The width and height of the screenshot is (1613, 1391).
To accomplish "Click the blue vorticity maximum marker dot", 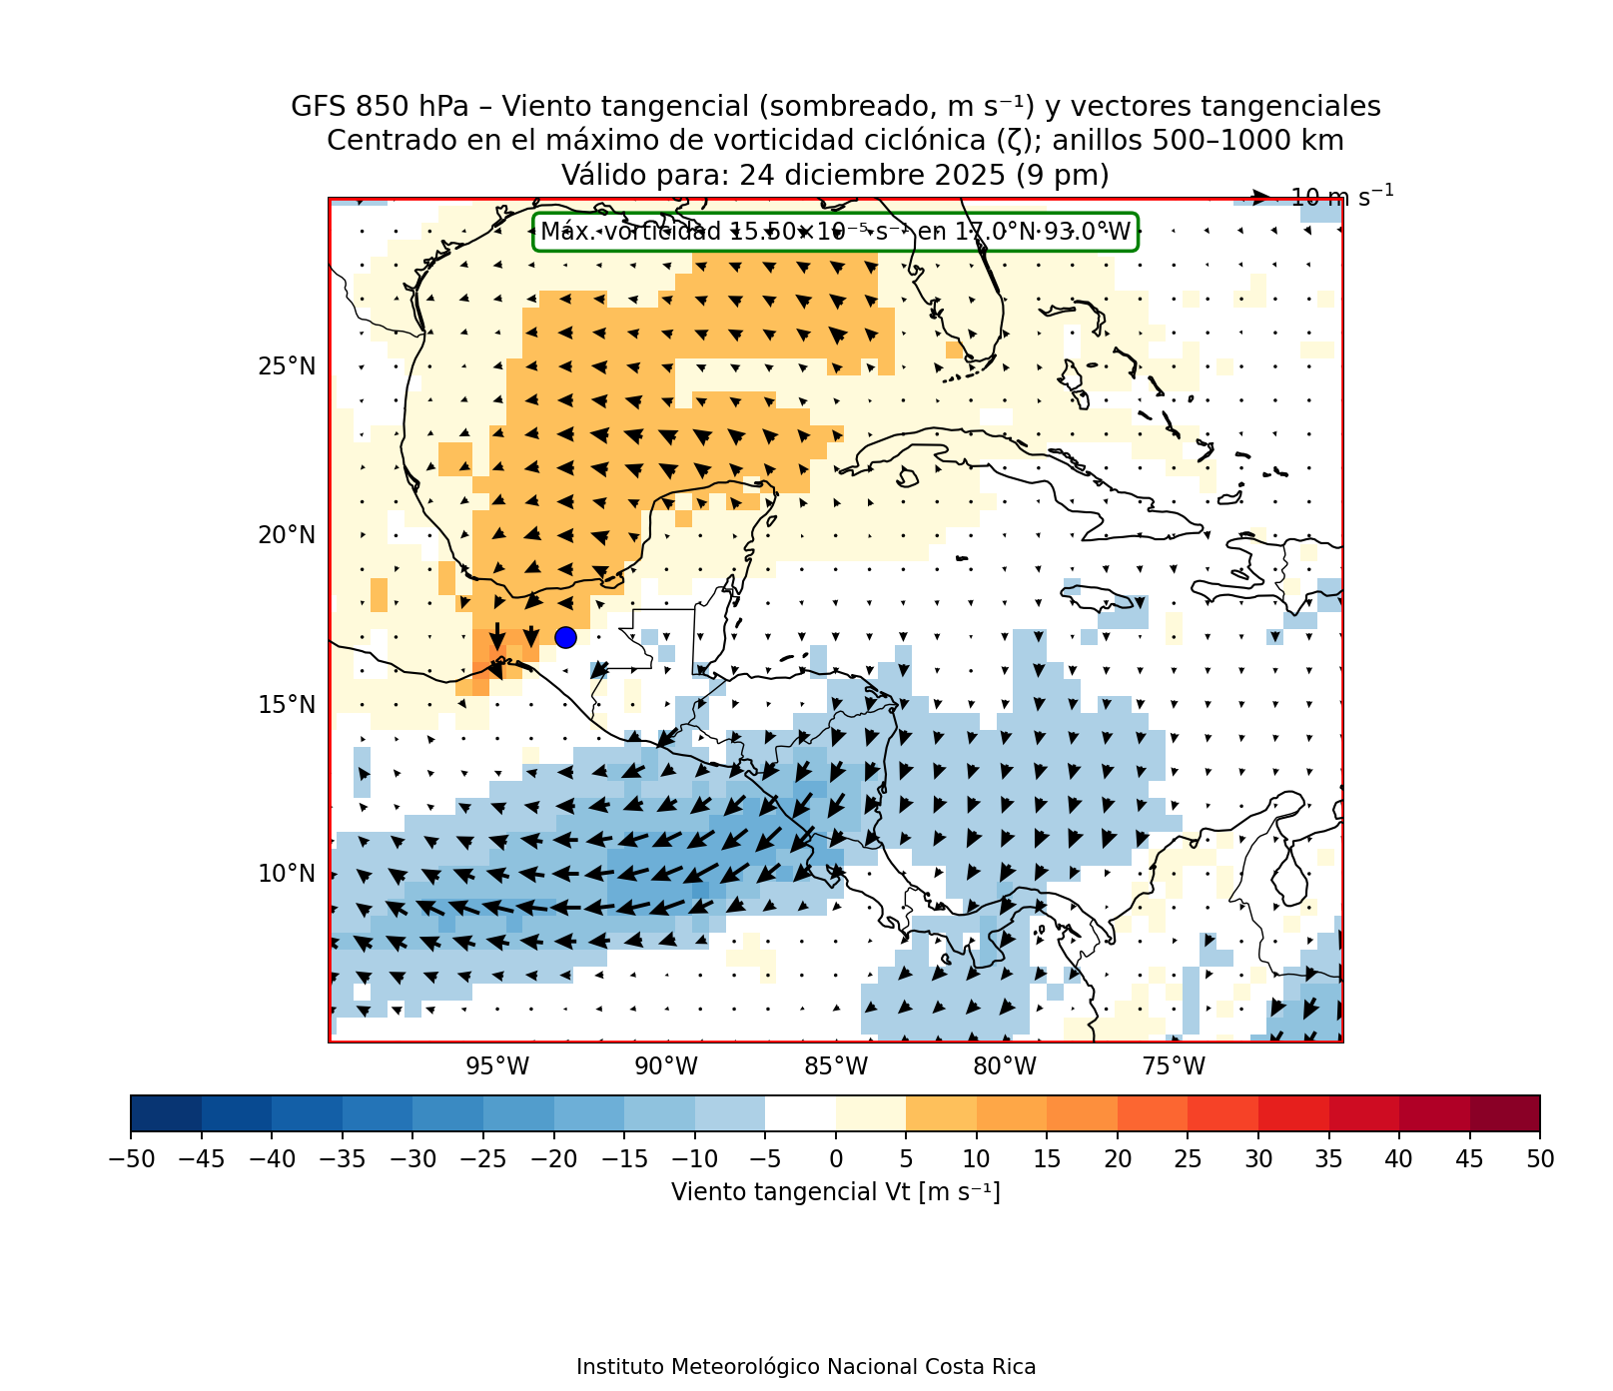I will tap(565, 637).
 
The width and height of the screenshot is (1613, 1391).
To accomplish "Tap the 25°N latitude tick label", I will tap(287, 366).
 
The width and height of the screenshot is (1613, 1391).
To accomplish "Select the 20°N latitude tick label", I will tap(287, 535).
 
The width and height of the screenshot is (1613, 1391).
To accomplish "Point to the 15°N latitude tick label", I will tap(287, 705).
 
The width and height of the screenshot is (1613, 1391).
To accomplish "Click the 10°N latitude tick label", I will tap(287, 874).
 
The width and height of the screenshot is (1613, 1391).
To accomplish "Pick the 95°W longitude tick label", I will tap(497, 1066).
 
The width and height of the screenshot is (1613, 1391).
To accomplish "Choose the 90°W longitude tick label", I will tap(666, 1066).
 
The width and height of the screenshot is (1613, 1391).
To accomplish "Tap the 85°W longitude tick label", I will tap(836, 1066).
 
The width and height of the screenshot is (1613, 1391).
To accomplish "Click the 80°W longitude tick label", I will tap(1005, 1066).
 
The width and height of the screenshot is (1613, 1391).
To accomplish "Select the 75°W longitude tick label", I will tap(1174, 1066).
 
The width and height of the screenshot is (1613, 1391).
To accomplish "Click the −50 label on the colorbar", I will tap(130, 1159).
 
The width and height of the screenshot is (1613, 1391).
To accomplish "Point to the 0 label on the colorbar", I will tap(836, 1159).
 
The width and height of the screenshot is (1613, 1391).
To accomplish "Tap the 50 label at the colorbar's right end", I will tap(1540, 1159).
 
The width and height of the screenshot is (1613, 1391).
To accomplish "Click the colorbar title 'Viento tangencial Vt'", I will tap(835, 1192).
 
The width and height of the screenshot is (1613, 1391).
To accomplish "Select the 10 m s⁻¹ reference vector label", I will tap(1341, 197).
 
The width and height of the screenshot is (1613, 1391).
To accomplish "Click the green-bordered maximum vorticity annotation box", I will tap(836, 233).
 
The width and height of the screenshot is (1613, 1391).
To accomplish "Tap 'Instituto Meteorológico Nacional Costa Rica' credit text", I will tap(806, 1367).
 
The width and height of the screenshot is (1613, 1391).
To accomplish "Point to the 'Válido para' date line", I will tap(835, 176).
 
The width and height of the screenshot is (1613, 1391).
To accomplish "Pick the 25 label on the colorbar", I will tap(1188, 1159).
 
